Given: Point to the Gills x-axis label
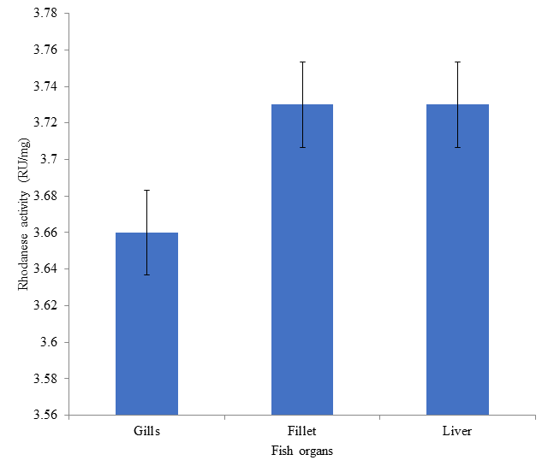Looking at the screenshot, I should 146,433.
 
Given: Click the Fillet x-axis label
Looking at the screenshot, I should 302,433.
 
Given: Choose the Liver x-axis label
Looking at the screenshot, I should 457,433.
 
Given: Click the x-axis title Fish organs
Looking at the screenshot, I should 302,451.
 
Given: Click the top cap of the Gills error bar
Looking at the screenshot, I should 146,190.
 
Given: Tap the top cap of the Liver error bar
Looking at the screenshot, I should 457,62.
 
